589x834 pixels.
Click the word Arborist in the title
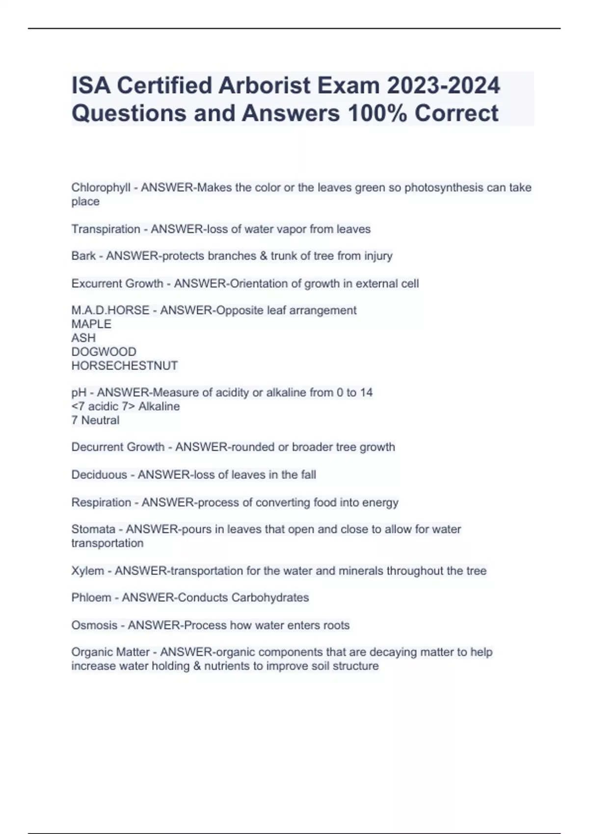264,85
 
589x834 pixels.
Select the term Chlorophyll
101,188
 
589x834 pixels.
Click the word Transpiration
106,229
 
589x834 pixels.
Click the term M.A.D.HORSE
110,311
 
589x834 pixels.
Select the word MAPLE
91,324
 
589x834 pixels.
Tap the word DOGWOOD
104,352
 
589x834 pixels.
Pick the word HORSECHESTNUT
125,365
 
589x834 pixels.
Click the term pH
79,392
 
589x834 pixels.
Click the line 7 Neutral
95,420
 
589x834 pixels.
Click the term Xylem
87,571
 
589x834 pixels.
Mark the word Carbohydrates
270,598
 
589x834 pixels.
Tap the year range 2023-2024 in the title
443,85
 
